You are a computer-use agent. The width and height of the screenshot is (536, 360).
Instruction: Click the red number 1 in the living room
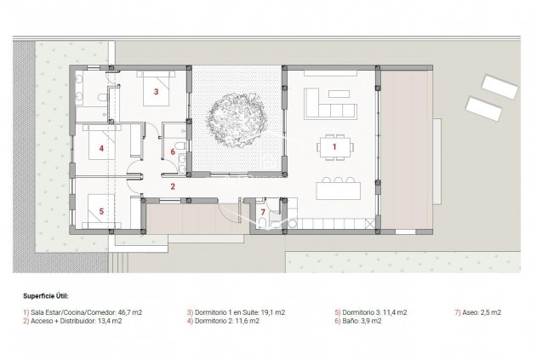point(334,147)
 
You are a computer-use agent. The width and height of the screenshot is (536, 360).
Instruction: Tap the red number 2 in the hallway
point(173,186)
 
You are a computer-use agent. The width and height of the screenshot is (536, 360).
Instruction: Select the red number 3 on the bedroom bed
point(157,90)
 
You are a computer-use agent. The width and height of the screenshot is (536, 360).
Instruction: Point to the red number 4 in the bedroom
point(101,148)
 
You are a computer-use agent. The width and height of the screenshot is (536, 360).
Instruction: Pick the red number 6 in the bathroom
point(173,152)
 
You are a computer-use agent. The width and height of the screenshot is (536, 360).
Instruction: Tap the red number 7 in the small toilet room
point(263,211)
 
